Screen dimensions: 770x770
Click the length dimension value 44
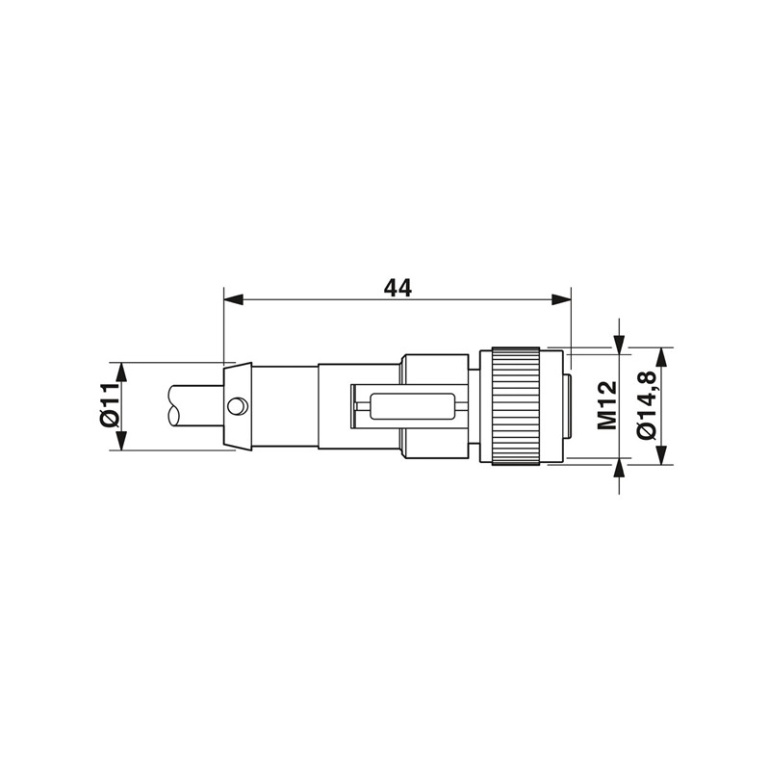[398, 288]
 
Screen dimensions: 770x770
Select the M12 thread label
[605, 405]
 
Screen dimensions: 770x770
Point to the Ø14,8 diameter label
[647, 405]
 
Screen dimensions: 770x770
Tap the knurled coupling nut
[516, 405]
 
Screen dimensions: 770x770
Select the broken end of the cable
[174, 405]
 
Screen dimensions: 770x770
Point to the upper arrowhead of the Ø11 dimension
[121, 372]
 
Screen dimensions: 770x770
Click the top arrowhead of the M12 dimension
[619, 341]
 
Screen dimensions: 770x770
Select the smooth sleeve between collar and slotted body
[284, 405]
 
